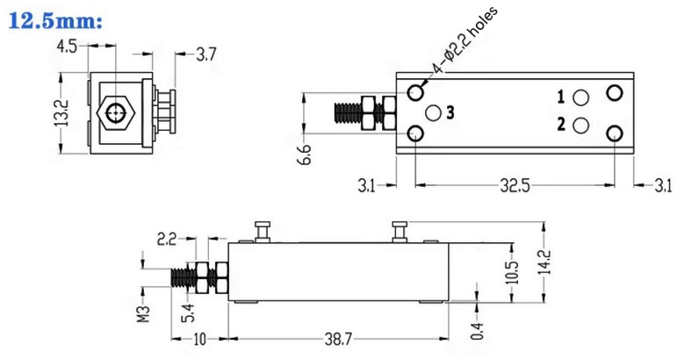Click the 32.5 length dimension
pos(515,185)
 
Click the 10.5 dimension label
pos(512,271)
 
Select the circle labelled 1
pos(580,97)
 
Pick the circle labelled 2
pos(580,126)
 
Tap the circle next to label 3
pos(432,112)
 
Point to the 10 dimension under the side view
pos(198,339)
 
